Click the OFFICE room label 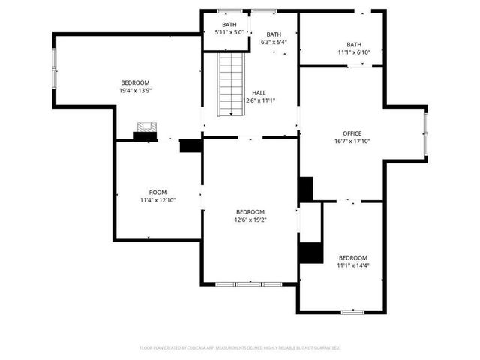[352, 133]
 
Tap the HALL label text [258, 93]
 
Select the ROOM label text [157, 193]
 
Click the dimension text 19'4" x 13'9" [136, 91]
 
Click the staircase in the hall [231, 84]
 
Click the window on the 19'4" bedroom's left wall [54, 70]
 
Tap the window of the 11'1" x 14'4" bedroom [352, 311]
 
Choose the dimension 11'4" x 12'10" [157, 201]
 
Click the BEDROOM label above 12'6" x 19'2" [250, 212]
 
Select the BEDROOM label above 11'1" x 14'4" [352, 257]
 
